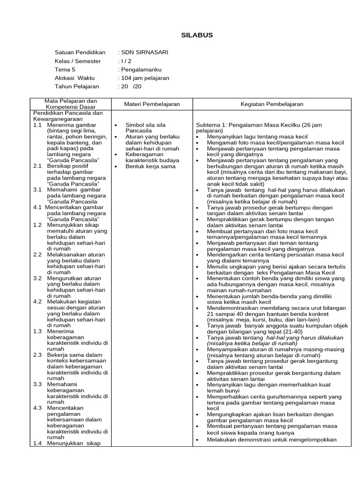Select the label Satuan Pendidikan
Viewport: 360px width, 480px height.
(80, 52)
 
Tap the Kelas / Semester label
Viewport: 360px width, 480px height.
(78, 61)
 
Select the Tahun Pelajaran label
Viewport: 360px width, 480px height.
(77, 87)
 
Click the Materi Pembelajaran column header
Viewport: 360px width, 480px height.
(151, 104)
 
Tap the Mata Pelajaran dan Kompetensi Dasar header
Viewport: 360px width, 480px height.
(71, 104)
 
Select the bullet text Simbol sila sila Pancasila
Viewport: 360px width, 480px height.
(145, 128)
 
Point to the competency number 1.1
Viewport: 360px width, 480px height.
(38, 125)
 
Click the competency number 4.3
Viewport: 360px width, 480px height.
(38, 408)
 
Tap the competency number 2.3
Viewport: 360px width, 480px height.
(38, 355)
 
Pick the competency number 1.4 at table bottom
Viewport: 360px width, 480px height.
(38, 443)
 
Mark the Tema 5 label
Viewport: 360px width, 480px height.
(65, 69)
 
